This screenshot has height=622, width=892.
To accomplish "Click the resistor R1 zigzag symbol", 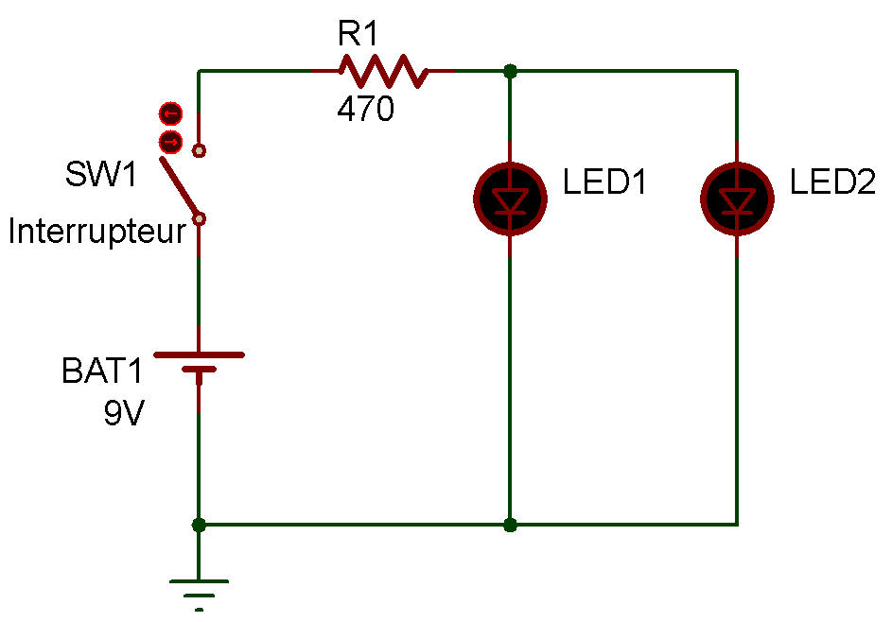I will click(x=383, y=71).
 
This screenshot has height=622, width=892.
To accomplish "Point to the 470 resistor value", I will click(x=365, y=111).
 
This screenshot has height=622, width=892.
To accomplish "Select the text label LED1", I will click(x=604, y=182).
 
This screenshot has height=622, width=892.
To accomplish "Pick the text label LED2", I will click(x=832, y=182).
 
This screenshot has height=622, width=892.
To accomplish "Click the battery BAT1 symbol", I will click(x=199, y=363).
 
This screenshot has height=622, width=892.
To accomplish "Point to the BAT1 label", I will click(x=101, y=371).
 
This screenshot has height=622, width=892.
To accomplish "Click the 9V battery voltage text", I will click(x=124, y=413).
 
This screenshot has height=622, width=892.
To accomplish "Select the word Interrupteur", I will click(x=96, y=232).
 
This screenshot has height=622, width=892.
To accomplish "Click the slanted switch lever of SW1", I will click(x=179, y=188).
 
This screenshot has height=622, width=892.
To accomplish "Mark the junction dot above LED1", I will click(x=511, y=71).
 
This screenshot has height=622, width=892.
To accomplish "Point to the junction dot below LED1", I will click(x=511, y=524).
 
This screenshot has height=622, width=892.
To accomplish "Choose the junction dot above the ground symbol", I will click(x=199, y=524).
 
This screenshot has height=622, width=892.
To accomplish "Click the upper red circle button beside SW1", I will click(x=169, y=114).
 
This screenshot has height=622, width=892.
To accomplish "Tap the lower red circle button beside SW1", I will click(x=169, y=142).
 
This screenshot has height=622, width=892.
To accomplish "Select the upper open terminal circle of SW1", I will click(x=199, y=149).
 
